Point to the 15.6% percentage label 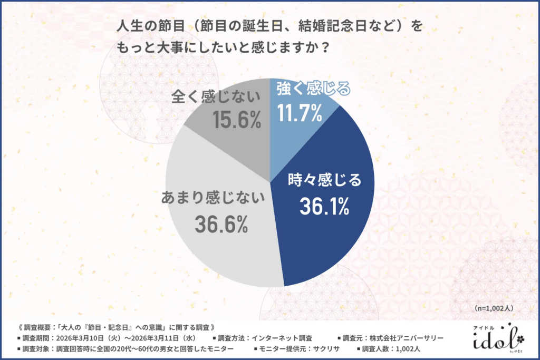(x=237, y=120)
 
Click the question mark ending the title (x=326, y=47)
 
